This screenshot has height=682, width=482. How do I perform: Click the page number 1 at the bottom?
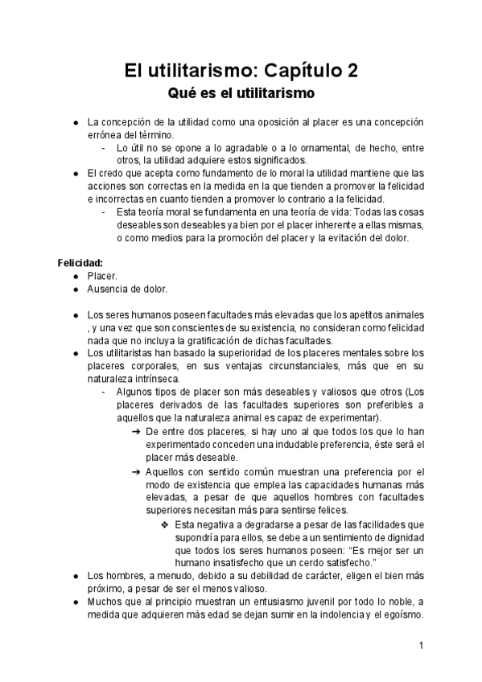click(x=421, y=646)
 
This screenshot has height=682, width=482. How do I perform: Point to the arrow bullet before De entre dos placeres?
click(x=135, y=432)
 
